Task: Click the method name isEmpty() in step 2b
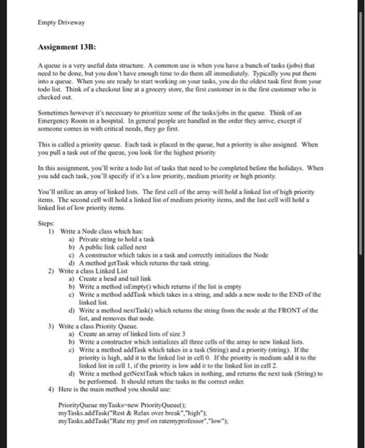click(x=138, y=287)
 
